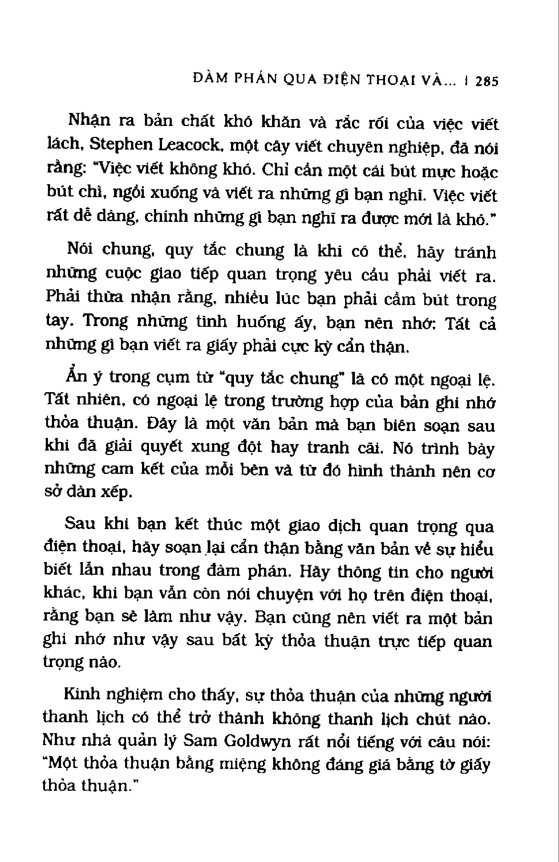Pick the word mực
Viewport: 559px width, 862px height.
pyautogui.click(x=433, y=172)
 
